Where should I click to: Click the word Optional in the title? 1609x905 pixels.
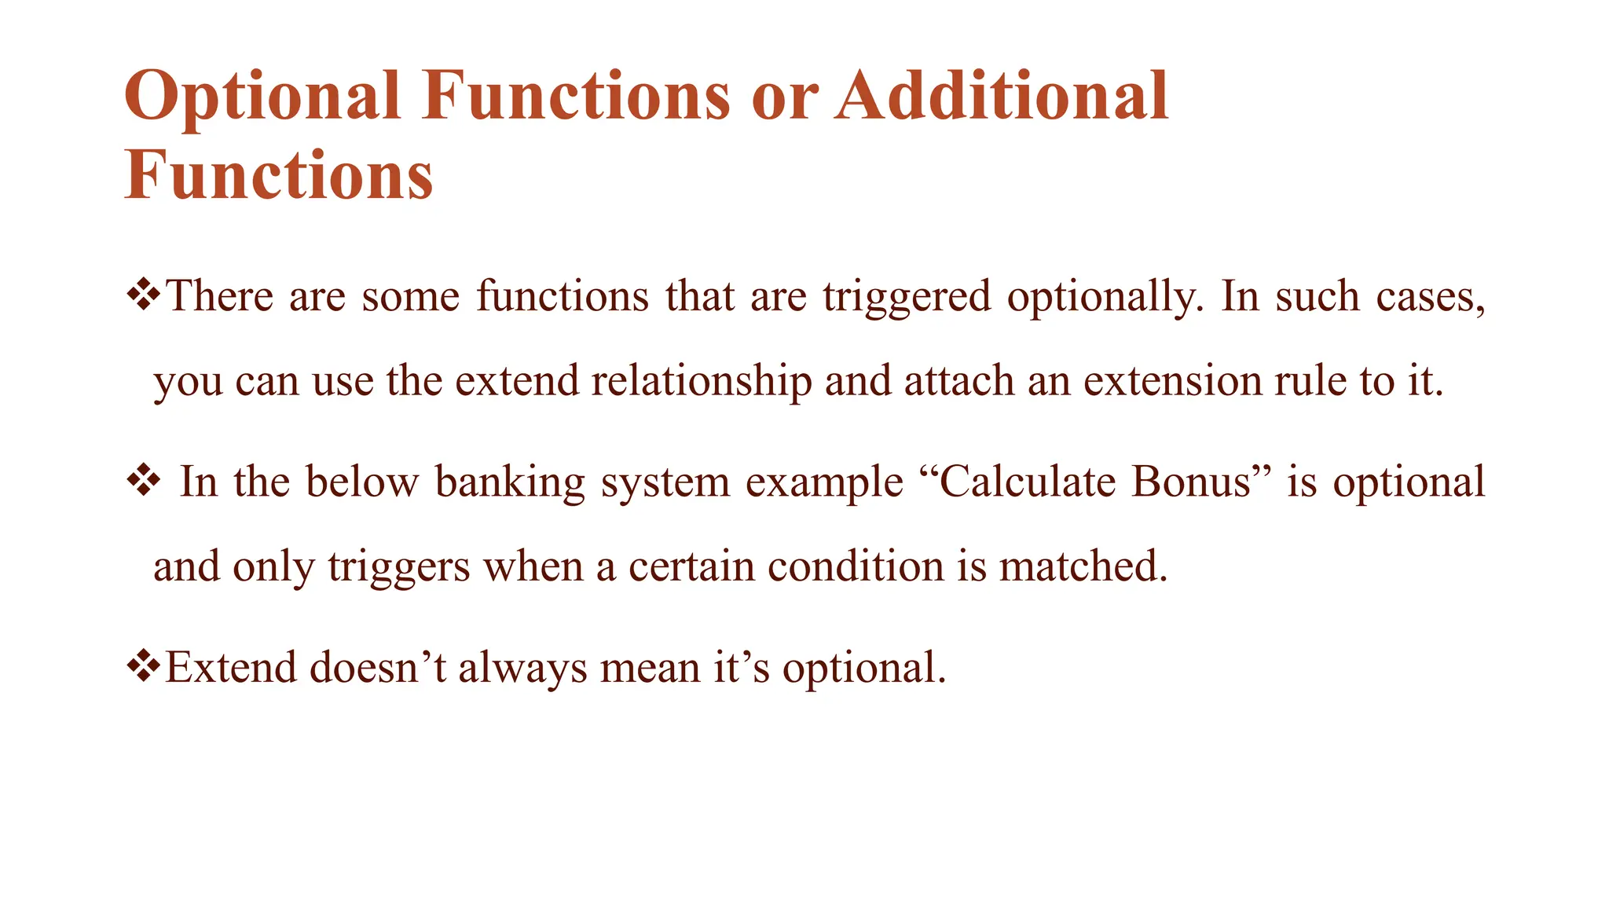[263, 97]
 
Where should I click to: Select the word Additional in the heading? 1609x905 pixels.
[1002, 97]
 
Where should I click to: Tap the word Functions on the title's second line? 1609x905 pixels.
[279, 176]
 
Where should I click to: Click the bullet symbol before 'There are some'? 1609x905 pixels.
[143, 296]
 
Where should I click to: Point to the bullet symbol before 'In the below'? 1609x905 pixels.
[143, 482]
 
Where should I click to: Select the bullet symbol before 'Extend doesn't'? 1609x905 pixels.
[143, 667]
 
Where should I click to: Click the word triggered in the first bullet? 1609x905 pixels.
[907, 298]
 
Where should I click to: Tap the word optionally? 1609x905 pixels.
[1104, 298]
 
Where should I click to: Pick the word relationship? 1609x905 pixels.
[701, 381]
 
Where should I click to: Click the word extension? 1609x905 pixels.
[1172, 381]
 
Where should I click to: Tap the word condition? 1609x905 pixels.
[855, 566]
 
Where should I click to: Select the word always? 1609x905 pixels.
[522, 669]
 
